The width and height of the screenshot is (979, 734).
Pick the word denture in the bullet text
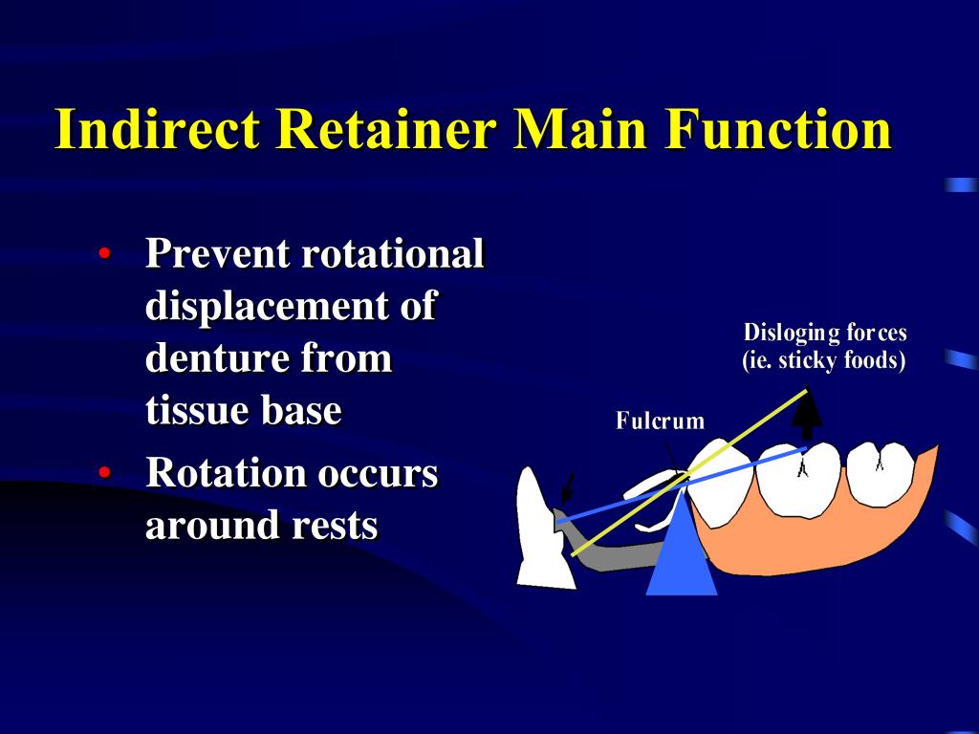click(x=217, y=359)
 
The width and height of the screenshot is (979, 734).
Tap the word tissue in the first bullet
click(x=196, y=411)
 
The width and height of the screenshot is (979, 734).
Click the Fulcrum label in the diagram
click(x=660, y=421)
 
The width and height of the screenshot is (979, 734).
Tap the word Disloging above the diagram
click(x=784, y=334)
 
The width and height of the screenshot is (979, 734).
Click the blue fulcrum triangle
click(x=682, y=559)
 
